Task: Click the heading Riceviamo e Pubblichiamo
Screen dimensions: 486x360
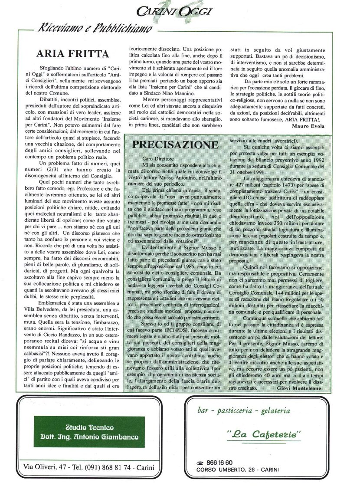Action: tap(95, 29)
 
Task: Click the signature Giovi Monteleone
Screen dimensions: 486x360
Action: tap(299, 388)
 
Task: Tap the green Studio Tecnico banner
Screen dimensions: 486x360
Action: tap(89, 431)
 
